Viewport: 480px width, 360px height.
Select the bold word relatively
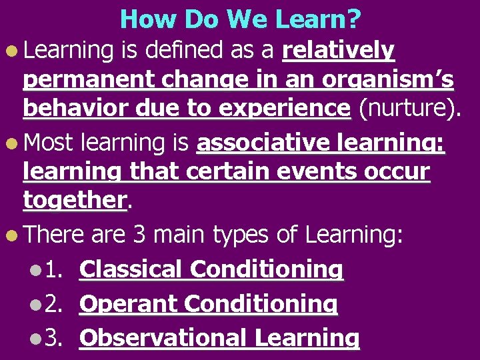click(339, 50)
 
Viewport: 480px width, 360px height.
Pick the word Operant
click(129, 304)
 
